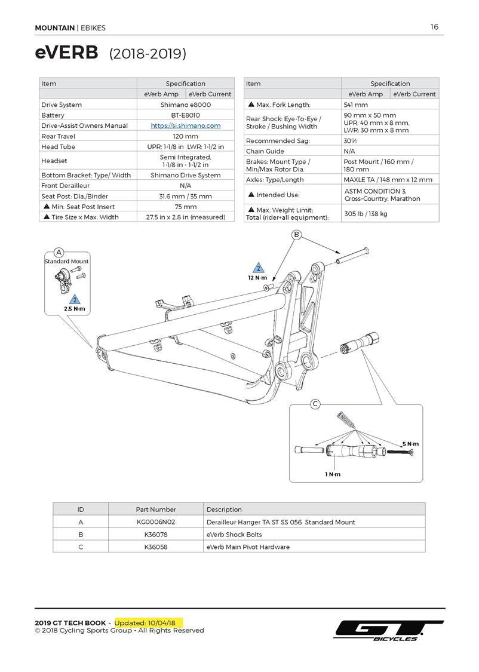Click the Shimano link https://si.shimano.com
pyautogui.click(x=185, y=125)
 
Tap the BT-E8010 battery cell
pyautogui.click(x=185, y=115)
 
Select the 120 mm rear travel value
pyautogui.click(x=185, y=136)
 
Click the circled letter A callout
pyautogui.click(x=59, y=252)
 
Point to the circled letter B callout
pyautogui.click(x=296, y=235)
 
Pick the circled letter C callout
pyautogui.click(x=315, y=404)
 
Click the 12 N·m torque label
pyautogui.click(x=258, y=278)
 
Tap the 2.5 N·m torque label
pyautogui.click(x=75, y=309)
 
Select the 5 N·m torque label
pyautogui.click(x=410, y=444)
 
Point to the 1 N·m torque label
pyautogui.click(x=333, y=474)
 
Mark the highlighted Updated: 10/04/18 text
pyautogui.click(x=149, y=622)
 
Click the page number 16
pyautogui.click(x=434, y=27)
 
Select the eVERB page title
pyautogui.click(x=67, y=53)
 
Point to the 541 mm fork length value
pyautogui.click(x=356, y=105)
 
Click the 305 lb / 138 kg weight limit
pyautogui.click(x=366, y=213)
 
